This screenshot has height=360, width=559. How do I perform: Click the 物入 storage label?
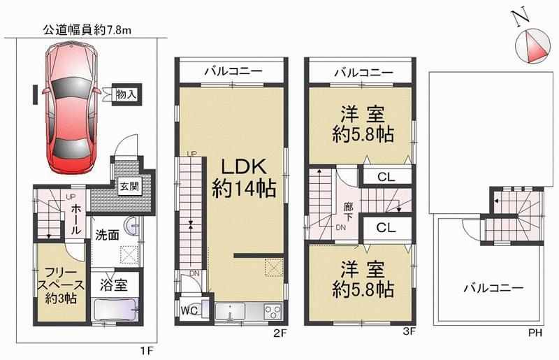[126, 94]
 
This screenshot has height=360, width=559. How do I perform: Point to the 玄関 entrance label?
[127, 187]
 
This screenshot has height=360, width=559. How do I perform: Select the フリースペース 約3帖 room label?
[60, 284]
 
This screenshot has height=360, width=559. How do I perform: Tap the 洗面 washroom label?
[106, 235]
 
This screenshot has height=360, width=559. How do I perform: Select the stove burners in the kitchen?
[271, 311]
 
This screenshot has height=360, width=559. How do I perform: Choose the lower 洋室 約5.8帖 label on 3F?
[363, 278]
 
